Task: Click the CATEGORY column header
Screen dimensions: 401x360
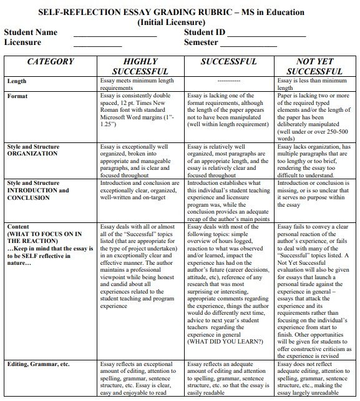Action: (x=51, y=62)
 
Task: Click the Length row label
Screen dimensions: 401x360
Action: (x=17, y=81)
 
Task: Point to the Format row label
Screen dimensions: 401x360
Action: (x=17, y=96)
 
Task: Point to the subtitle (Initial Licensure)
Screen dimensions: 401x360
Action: (x=180, y=21)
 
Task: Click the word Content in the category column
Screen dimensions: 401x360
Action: (x=19, y=225)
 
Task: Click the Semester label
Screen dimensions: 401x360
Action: (x=201, y=42)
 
